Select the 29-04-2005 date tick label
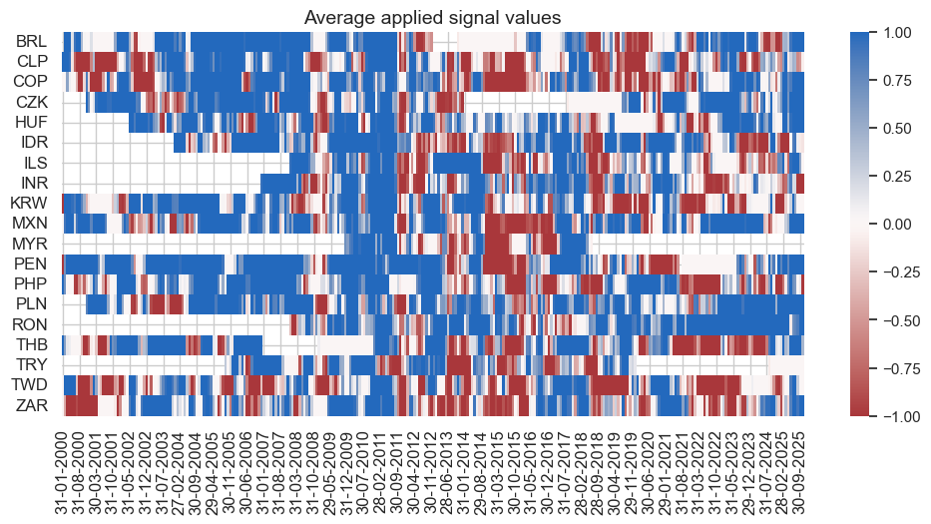(207, 468)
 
